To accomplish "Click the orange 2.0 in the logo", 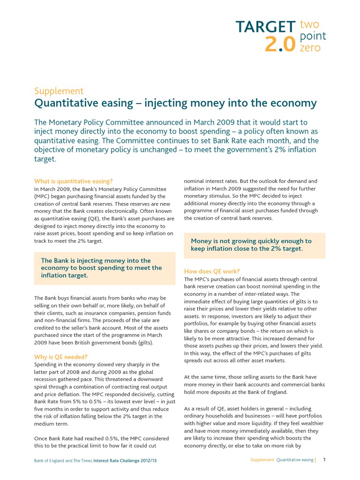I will point(280,45).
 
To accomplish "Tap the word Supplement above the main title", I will point(59,91).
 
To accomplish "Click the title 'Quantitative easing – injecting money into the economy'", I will point(175,103).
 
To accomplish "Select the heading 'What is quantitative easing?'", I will point(73,181).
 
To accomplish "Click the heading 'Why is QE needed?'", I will point(61,357).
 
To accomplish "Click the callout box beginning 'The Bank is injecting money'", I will point(105,268).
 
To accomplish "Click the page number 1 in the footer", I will point(324,460).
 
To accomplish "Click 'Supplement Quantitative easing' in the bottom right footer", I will point(282,460).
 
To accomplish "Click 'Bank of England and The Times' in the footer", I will point(63,461).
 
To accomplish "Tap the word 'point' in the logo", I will point(313,36).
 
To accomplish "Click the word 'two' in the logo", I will point(309,24).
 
